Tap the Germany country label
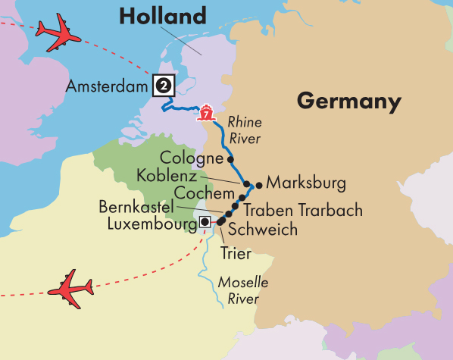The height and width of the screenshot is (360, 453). pos(348,101)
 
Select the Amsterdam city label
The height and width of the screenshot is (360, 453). pos(108,86)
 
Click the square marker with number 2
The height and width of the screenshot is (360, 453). pos(162,85)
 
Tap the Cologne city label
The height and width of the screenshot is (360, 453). pos(192,158)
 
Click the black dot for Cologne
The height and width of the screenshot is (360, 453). pos(230,159)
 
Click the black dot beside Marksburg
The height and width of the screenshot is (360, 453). pos(259,183)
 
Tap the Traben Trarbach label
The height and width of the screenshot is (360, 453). pos(303,210)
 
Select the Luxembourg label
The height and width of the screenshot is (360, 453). pos(151,224)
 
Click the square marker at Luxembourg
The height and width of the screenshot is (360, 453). pos(204,222)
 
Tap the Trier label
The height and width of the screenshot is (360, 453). pos(236,253)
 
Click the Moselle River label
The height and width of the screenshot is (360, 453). pos(243,290)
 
